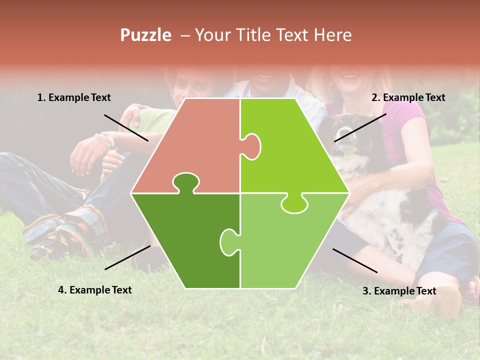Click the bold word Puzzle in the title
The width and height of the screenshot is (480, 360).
145,35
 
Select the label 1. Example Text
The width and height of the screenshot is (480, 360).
74,97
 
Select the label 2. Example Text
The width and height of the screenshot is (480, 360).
408,97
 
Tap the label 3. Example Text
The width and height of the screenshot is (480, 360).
399,291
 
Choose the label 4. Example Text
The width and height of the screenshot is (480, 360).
94,290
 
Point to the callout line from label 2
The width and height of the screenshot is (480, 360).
360,127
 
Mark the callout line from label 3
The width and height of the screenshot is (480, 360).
355,260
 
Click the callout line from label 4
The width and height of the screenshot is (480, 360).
127,257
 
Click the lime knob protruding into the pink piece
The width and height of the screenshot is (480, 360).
252,146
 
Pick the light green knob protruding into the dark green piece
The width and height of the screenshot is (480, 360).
229,241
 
